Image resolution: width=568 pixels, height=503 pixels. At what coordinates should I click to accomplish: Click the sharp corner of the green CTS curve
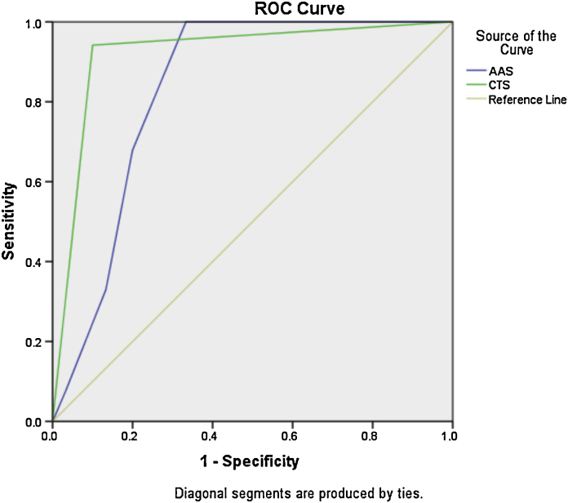93,45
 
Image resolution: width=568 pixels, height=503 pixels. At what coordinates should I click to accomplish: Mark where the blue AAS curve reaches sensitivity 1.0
187,22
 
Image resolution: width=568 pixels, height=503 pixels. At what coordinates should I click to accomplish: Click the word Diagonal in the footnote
197,492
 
